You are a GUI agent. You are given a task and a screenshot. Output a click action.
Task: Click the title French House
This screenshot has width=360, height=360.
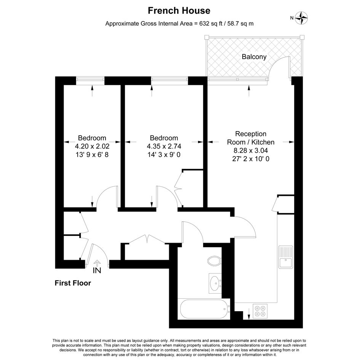[179, 11]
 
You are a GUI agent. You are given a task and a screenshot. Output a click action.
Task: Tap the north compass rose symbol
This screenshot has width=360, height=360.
[301, 18]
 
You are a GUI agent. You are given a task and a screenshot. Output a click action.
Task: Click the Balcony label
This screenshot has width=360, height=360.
[254, 57]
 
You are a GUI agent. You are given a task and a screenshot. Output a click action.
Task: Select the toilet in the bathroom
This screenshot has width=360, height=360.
[214, 261]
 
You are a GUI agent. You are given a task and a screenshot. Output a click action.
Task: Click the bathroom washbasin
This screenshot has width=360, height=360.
[215, 283]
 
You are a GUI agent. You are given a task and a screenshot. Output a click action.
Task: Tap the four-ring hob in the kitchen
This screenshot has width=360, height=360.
[260, 311]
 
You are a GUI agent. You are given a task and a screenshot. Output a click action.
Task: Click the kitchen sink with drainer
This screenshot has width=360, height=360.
[286, 257]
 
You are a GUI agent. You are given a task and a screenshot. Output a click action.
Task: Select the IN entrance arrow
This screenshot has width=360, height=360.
[97, 263]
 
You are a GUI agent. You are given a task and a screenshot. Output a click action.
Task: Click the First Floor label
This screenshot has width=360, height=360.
[73, 283]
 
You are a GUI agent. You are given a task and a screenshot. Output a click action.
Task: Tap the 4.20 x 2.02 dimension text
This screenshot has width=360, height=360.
[92, 146]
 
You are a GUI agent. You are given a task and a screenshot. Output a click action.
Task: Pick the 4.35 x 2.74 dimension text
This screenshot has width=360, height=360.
[164, 146]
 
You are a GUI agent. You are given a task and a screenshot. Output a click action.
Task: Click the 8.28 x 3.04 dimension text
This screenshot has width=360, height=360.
[251, 150]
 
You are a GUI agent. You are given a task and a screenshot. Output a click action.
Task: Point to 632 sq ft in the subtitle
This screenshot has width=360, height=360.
[211, 23]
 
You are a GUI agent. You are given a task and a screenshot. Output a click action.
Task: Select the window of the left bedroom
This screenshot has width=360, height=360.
[90, 79]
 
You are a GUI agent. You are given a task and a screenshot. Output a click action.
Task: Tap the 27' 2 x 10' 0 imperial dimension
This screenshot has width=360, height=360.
[251, 158]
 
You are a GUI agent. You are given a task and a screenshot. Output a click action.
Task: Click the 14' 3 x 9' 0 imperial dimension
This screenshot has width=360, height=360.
[164, 155]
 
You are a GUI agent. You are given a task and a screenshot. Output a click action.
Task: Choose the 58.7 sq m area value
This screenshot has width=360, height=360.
[240, 23]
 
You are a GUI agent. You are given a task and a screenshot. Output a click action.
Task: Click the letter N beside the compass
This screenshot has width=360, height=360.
[292, 18]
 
